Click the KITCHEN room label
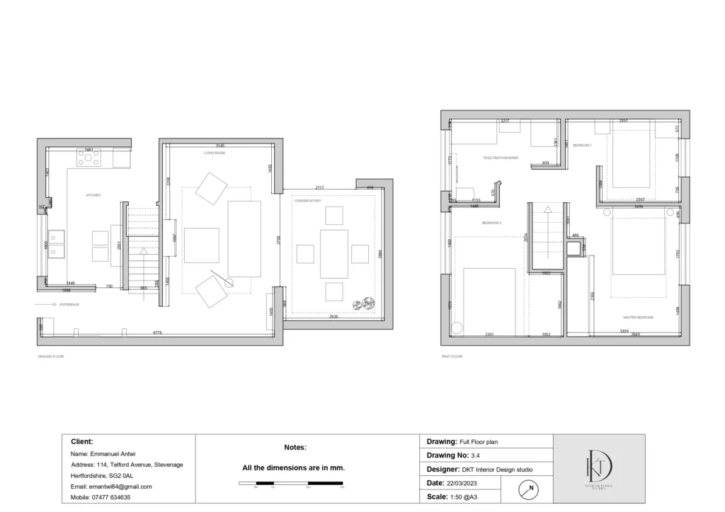click(x=93, y=194)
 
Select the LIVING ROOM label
click(x=215, y=152)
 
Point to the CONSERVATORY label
click(x=308, y=201)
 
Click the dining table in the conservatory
click(x=334, y=253)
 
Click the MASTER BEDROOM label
click(x=639, y=318)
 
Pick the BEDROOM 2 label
click(x=492, y=223)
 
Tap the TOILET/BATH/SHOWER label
click(x=501, y=158)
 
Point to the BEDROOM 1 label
click(x=582, y=145)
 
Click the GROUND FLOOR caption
click(x=50, y=356)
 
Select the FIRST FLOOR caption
click(x=452, y=356)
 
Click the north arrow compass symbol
click(x=529, y=489)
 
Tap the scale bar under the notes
click(x=291, y=484)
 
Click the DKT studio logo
click(x=598, y=468)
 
